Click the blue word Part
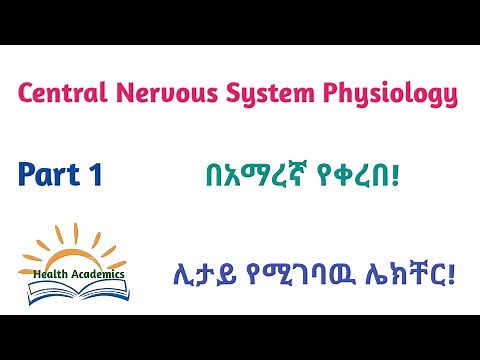point(50,175)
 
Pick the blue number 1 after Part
point(95,175)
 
